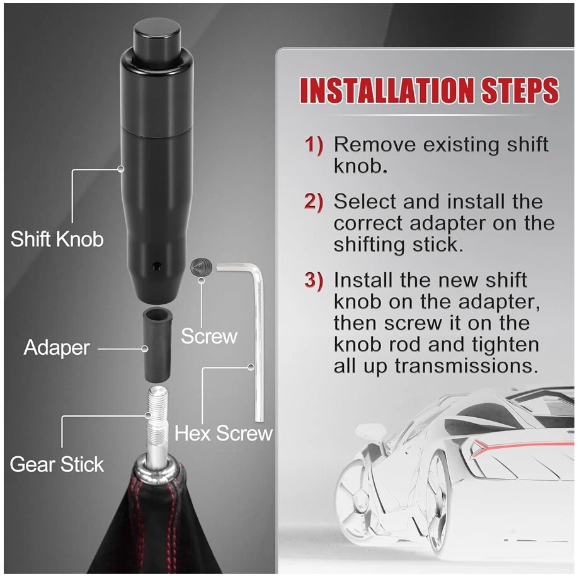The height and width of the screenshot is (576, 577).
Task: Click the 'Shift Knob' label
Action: (57, 239)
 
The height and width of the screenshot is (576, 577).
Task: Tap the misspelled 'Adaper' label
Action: (57, 347)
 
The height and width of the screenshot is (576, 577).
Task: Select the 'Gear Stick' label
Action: (57, 464)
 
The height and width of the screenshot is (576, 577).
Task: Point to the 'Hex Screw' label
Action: (224, 433)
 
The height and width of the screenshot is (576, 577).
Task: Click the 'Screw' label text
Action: (209, 336)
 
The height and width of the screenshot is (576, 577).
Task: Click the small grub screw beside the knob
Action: (202, 268)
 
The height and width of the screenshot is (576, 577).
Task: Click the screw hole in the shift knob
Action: (157, 265)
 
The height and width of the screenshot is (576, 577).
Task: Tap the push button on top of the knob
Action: (157, 38)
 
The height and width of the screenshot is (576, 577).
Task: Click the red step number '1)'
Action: (314, 145)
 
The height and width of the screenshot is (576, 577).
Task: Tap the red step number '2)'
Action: (314, 202)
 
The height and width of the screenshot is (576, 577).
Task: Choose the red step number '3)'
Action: (314, 280)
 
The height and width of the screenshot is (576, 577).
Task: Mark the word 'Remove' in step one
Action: (375, 144)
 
